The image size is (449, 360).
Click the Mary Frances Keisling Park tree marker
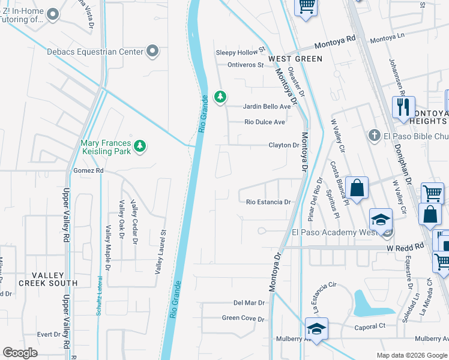pos(140,146)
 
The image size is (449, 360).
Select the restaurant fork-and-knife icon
pos(402,107)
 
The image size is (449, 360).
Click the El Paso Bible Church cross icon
pos(374,135)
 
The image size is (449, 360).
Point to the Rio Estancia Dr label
pos(268,202)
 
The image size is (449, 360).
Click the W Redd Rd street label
pos(405,247)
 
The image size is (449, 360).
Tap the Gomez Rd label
pos(88,171)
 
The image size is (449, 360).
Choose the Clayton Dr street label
pos(283,145)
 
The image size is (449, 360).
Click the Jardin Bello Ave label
pos(267,107)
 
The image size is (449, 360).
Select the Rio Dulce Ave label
pos(264,122)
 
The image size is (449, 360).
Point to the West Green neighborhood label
pos(295,59)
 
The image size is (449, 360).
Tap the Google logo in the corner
pos(20,352)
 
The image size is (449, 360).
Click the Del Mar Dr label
pos(249,303)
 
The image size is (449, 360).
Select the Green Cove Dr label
pos(243,319)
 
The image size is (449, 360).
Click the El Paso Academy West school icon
pos(381,220)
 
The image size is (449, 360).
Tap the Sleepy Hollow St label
pos(240,53)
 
